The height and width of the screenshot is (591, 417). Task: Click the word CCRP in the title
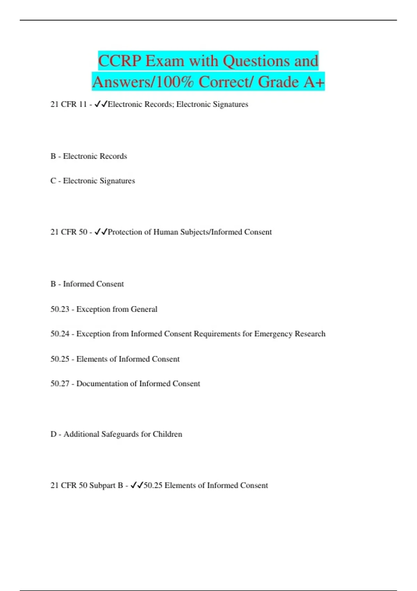(120, 61)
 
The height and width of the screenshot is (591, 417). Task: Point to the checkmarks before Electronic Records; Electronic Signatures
(101, 104)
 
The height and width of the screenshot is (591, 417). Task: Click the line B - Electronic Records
(89, 156)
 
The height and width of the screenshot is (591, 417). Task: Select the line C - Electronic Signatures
(92, 181)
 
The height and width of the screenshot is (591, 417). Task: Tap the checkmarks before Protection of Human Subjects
(101, 232)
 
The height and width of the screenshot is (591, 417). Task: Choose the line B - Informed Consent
(87, 284)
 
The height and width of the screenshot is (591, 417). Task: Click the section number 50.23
(60, 309)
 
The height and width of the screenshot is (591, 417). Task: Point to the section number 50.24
(60, 334)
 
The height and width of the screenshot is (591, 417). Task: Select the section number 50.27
(60, 383)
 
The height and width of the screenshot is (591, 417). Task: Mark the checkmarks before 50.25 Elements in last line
(137, 485)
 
